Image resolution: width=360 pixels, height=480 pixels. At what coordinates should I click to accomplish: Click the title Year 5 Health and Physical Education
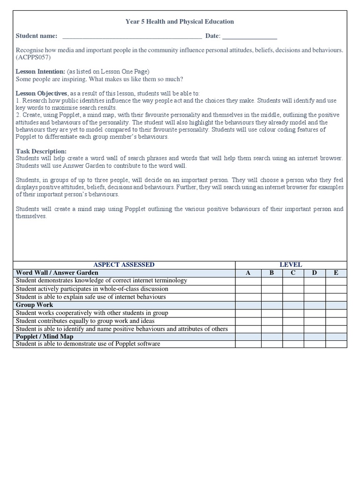pos(180,22)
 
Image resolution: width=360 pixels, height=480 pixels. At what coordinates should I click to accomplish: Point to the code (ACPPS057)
pos(33,58)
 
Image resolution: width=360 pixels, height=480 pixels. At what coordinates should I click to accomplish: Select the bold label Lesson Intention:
pos(41,72)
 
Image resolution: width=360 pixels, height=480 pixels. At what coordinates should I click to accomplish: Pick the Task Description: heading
pos(41,151)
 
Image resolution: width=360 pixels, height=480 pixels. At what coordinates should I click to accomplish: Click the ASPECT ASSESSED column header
pos(124,265)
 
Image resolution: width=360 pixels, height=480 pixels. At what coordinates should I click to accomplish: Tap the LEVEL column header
pos(291,265)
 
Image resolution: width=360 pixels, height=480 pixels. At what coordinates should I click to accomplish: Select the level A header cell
pos(248,273)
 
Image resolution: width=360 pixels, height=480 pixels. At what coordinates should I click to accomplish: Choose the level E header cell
pos(336,273)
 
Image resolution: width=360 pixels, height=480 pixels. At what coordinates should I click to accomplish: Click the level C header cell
pos(293,273)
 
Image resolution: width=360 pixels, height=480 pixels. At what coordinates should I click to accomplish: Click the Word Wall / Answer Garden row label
pos(57,273)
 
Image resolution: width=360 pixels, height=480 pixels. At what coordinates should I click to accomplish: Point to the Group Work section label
pos(35,305)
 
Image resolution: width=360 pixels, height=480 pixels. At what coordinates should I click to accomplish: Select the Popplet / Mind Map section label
pos(45,337)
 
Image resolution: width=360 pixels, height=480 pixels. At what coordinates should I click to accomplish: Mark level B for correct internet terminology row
pos(271,281)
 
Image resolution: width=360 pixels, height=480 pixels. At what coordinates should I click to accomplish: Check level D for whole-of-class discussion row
pos(315,289)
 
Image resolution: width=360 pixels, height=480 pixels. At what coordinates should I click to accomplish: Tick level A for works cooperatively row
pos(248,313)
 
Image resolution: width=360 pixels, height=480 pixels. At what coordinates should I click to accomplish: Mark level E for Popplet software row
pos(336,344)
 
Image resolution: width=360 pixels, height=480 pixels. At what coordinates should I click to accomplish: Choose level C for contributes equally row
pos(293,321)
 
